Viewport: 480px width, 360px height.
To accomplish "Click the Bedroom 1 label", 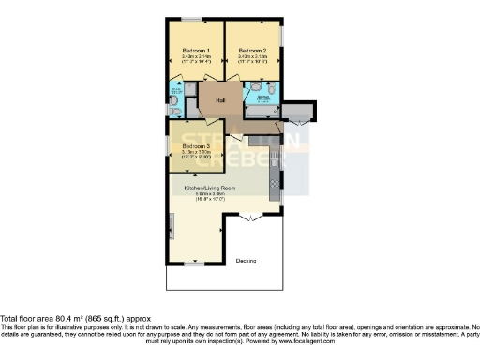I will click(x=196, y=51).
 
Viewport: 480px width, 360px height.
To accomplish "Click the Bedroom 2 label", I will click(x=252, y=51).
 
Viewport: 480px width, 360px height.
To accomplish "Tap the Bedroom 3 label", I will click(x=196, y=146).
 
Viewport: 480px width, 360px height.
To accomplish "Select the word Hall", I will click(x=221, y=99).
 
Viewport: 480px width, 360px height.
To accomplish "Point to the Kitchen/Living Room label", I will click(x=216, y=188).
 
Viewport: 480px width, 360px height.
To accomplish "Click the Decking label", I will click(x=247, y=260).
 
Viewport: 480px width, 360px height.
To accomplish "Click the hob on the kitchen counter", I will click(x=275, y=182).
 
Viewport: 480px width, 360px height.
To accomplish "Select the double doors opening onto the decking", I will click(x=247, y=219).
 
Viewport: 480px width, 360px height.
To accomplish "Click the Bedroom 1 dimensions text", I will click(x=196, y=58).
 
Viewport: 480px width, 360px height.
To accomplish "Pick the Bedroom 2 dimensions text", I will click(x=252, y=58).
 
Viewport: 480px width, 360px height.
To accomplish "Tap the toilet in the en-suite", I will click(x=174, y=110).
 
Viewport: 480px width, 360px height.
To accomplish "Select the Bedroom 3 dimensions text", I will click(x=196, y=154).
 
